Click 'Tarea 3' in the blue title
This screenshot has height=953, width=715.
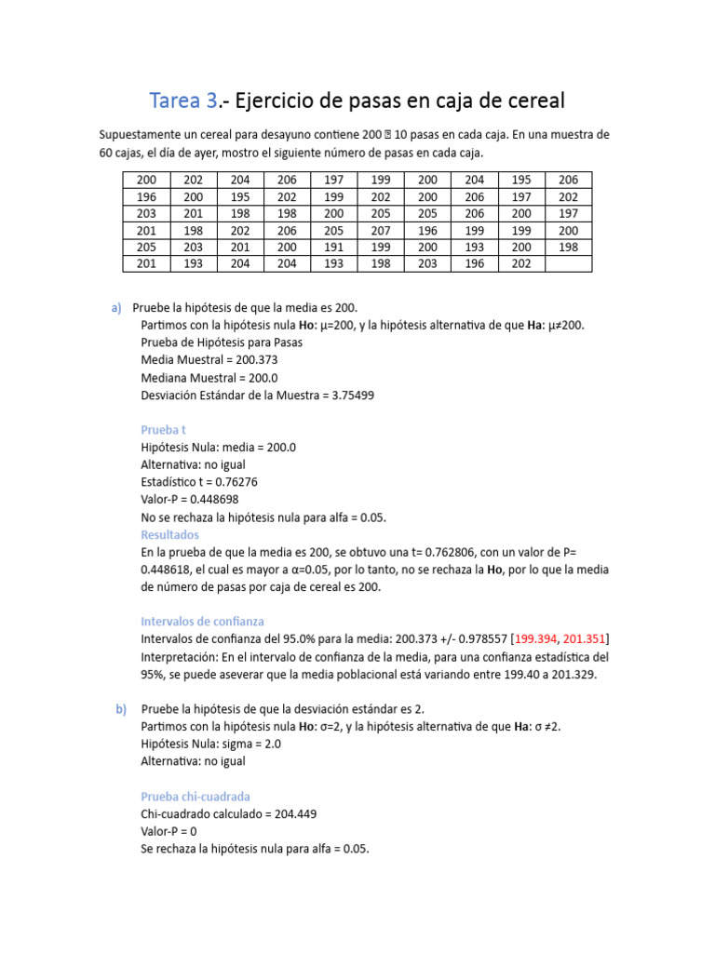tap(184, 100)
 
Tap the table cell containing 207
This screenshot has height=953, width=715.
tap(380, 230)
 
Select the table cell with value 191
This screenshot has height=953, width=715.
tap(332, 248)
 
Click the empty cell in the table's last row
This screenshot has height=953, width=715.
tap(568, 264)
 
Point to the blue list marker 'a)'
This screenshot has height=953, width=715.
tap(116, 308)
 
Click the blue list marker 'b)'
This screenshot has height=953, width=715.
tap(121, 708)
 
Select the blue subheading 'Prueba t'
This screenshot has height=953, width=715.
tap(165, 430)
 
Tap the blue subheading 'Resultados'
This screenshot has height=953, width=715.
tap(169, 535)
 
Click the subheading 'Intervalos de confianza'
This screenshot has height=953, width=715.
tap(202, 621)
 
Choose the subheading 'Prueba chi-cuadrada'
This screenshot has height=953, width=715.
tap(195, 797)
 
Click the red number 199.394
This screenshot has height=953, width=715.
tap(536, 638)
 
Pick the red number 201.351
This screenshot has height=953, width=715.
tap(586, 638)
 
